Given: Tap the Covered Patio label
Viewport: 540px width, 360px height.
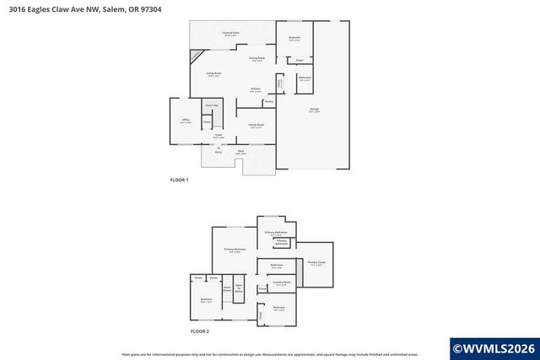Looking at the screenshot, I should [x=230, y=34].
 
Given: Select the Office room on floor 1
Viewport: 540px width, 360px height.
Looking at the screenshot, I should [x=186, y=121].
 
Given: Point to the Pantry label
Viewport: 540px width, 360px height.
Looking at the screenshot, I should [x=268, y=102].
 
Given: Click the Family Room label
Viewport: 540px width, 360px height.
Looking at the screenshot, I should [x=256, y=125].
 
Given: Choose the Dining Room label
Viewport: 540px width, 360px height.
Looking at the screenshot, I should [x=256, y=58].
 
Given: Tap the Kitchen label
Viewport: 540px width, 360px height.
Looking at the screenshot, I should [x=255, y=89].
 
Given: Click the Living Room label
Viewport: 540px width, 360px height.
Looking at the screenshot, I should [x=214, y=74].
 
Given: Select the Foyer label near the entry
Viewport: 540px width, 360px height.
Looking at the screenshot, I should [x=218, y=135].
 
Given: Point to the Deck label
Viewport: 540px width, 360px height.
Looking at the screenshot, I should [x=240, y=152].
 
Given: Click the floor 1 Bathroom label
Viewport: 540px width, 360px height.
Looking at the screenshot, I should [x=305, y=78].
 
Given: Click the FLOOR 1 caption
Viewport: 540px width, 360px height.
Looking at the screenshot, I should [x=179, y=180].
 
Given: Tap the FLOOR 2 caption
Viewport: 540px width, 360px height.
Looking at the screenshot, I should [x=199, y=331].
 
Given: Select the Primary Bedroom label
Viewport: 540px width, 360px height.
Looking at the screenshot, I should [x=235, y=250].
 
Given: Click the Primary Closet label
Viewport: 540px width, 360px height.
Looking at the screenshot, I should [x=316, y=263].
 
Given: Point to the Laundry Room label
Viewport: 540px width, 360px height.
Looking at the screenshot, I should [x=281, y=282].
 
